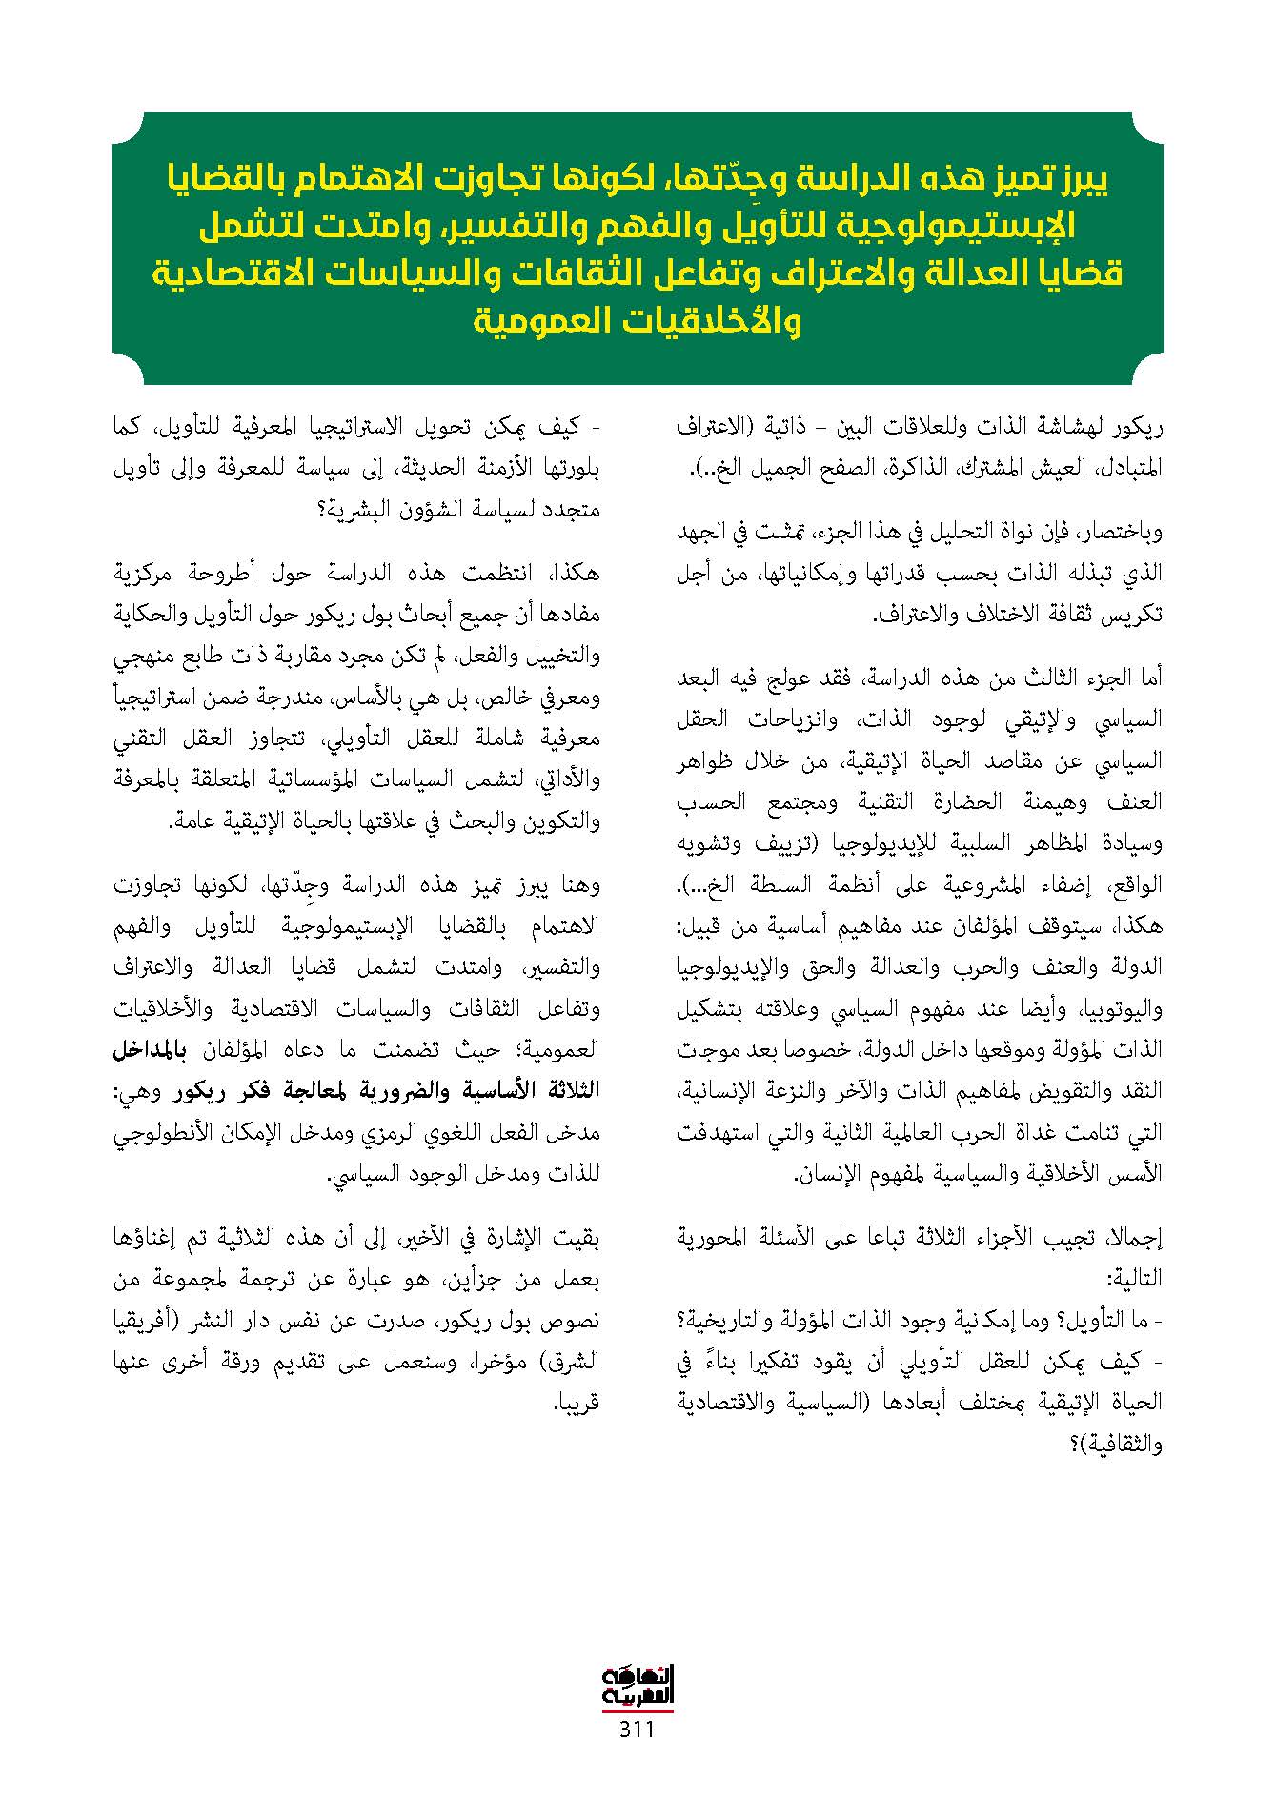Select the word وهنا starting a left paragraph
(581, 885)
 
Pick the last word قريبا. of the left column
(577, 1404)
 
